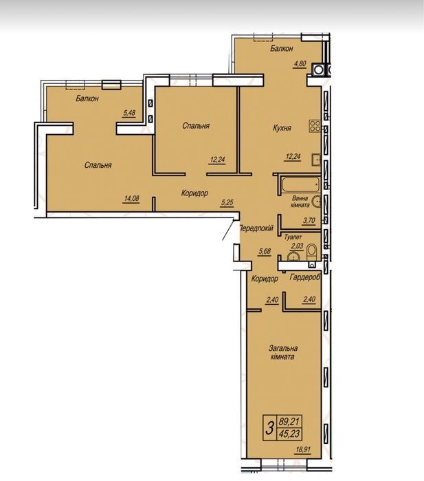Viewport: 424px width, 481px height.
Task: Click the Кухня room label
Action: (282, 128)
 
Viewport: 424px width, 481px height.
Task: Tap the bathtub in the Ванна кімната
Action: (300, 184)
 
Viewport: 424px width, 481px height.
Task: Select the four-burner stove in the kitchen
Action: (315, 126)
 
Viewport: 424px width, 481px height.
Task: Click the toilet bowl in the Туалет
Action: (312, 251)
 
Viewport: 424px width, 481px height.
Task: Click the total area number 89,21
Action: (289, 422)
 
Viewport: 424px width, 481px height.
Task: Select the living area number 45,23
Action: (289, 434)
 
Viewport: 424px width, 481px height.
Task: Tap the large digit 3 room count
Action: (270, 428)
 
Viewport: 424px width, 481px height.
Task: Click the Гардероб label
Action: (305, 277)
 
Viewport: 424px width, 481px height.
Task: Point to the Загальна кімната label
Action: (283, 352)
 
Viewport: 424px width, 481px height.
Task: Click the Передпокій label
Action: (256, 228)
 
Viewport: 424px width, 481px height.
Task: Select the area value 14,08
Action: (131, 198)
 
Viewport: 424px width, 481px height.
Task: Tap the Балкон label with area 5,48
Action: (87, 99)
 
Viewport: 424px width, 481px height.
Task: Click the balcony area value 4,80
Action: (300, 64)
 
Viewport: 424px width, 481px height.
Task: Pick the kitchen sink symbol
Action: (316, 160)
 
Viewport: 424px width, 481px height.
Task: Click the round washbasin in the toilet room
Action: (293, 257)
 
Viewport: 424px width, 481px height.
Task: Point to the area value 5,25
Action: (227, 202)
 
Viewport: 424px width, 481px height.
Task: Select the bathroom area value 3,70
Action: (309, 221)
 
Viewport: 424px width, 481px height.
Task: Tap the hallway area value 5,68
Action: (265, 251)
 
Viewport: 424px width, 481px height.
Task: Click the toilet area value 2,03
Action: (297, 246)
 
